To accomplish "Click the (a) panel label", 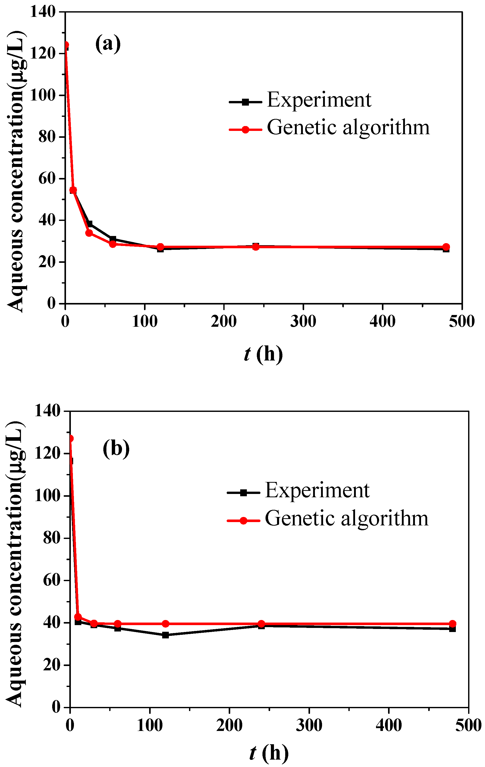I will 108,44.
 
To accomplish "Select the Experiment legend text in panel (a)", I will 319,100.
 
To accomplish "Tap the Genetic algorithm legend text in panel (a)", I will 348,128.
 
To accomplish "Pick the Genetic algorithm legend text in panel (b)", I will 346,518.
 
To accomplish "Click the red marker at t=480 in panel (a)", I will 446,247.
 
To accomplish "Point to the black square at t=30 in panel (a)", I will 90,224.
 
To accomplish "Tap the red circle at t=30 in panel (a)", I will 89,233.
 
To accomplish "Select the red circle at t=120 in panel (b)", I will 166,623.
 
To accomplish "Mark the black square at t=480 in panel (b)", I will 453,629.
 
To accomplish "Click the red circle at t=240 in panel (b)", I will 261,623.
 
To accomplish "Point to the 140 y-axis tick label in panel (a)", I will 43,12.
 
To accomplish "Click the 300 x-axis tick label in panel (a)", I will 303,321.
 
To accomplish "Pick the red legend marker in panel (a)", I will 245,130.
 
